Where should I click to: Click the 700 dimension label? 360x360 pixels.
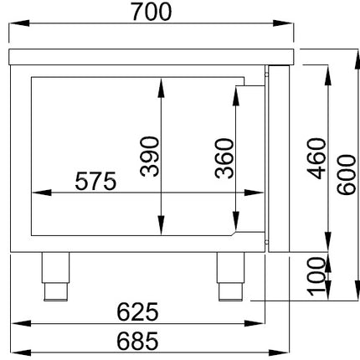151,12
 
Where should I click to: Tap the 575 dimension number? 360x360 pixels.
95,181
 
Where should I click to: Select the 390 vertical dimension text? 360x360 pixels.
150,157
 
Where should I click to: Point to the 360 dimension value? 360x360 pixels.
224,158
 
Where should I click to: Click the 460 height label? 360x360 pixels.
316,158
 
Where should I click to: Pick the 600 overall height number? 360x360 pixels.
347,175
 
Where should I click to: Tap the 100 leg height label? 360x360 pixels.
316,276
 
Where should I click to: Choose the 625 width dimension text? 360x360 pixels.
137,311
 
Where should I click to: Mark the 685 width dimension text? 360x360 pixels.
137,341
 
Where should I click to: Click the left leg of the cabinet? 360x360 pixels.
55,276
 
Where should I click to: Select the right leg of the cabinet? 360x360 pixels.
230,276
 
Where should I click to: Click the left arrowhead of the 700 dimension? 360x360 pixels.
19,23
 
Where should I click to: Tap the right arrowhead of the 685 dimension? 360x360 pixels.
280,352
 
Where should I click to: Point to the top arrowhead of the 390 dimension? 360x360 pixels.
161,88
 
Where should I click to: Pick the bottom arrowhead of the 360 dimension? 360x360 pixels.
236,221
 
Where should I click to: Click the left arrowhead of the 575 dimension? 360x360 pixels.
42,193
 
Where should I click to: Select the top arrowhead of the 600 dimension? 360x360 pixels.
357,59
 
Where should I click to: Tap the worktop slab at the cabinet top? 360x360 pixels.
152,57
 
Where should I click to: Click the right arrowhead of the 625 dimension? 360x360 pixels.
255,324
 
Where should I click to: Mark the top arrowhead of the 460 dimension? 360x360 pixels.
328,75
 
